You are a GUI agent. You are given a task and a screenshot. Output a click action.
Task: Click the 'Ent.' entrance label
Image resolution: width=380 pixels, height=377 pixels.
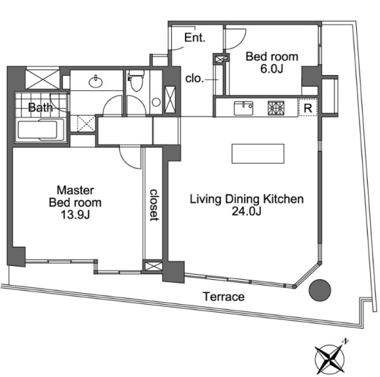click(195, 38)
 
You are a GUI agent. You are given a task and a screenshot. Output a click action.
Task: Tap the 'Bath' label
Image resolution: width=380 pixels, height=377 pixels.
click(40, 107)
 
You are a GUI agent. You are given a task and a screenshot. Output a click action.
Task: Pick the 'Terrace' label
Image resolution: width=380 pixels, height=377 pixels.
click(223, 297)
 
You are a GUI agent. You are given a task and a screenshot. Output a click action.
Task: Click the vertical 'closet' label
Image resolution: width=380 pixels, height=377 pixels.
click(154, 205)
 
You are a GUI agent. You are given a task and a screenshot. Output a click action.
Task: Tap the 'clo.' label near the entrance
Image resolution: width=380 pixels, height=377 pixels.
click(194, 79)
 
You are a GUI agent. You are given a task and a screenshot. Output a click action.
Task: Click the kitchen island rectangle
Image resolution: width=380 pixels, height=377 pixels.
click(259, 154)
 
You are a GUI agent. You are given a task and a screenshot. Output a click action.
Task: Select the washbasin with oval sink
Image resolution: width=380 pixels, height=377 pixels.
click(96, 82)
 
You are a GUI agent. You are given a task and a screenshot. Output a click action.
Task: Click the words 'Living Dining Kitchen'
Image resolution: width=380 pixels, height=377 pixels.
click(247, 199)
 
